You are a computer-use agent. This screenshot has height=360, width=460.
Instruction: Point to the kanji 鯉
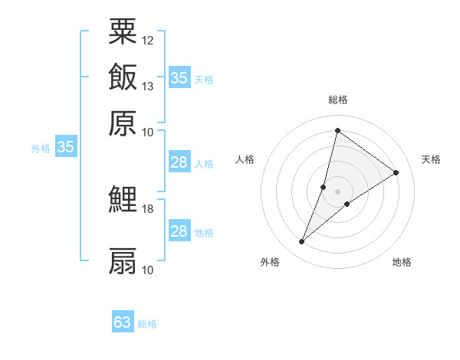(x=123, y=200)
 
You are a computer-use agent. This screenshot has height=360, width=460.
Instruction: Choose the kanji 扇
(x=123, y=260)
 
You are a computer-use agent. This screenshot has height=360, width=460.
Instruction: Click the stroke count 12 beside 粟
(x=148, y=39)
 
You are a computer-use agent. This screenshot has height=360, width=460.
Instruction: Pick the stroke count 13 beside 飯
(x=148, y=86)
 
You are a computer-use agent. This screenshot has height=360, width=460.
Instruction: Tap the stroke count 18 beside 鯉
(x=148, y=208)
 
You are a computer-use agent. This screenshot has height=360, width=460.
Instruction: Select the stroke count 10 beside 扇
(x=148, y=270)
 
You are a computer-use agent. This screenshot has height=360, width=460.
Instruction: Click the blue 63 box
(x=123, y=322)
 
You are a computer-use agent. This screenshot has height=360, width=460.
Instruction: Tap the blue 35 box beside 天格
(x=179, y=77)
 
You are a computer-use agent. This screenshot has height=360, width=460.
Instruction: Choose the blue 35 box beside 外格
(x=65, y=148)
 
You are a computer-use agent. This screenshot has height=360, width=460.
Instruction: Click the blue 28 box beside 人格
(x=179, y=162)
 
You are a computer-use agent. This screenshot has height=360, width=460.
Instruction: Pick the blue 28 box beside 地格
(x=179, y=231)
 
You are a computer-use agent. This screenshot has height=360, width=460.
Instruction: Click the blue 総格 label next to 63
(x=148, y=324)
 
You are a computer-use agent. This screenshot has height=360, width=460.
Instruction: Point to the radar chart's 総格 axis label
(x=338, y=100)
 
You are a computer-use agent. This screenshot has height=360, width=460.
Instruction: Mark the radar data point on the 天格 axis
(x=396, y=172)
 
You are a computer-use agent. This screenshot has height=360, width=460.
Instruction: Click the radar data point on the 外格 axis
(x=302, y=242)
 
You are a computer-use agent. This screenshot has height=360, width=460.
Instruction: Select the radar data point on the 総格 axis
(x=337, y=130)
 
